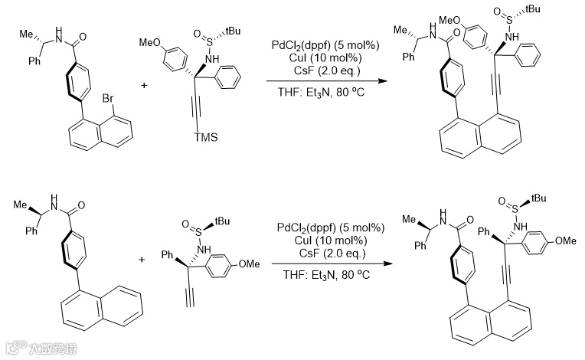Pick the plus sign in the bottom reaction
click(x=142, y=260)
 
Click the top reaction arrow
click(x=322, y=82)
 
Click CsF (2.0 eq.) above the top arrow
click(x=321, y=70)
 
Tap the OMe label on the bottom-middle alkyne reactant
click(x=250, y=264)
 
